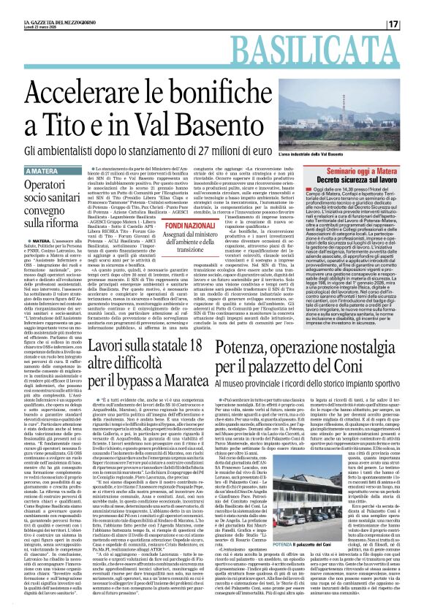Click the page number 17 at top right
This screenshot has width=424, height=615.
[412, 5]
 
